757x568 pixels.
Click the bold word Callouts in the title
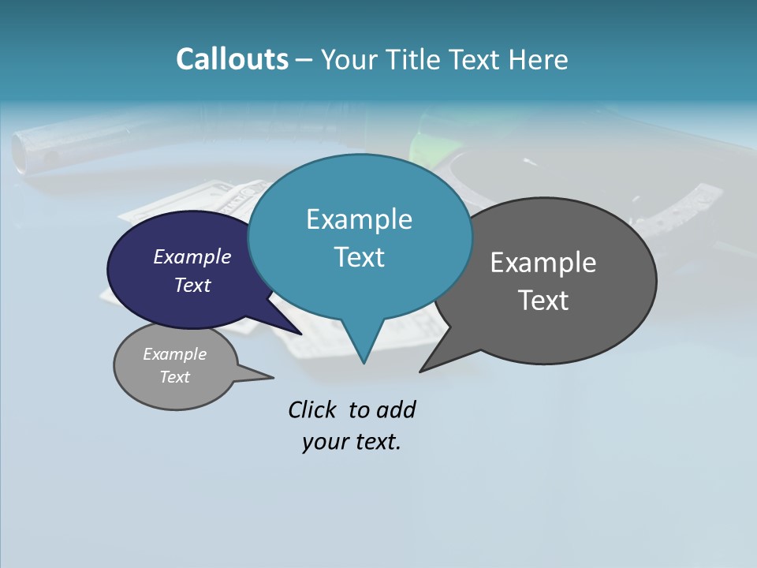232,59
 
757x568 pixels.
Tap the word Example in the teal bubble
359,219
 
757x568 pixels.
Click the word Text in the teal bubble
359,257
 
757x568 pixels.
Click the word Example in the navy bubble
192,257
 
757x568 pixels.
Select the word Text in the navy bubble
192,285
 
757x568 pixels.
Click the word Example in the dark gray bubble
543,263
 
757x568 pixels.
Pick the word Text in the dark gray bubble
543,301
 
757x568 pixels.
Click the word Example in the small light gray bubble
174,355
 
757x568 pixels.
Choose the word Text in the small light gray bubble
174,377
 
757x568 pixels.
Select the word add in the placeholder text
396,410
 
